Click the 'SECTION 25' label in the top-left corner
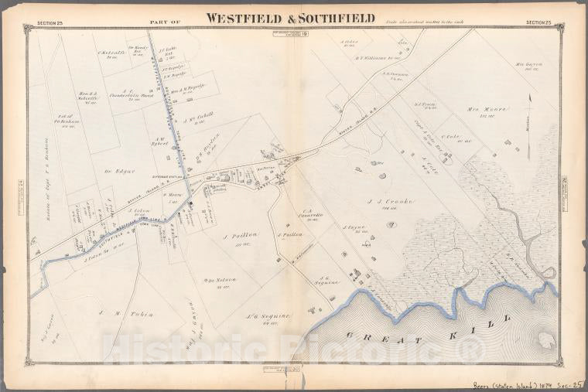pyautogui.click(x=50, y=22)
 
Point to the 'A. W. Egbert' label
pyautogui.click(x=159, y=141)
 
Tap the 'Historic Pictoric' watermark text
pyautogui.click(x=294, y=349)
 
